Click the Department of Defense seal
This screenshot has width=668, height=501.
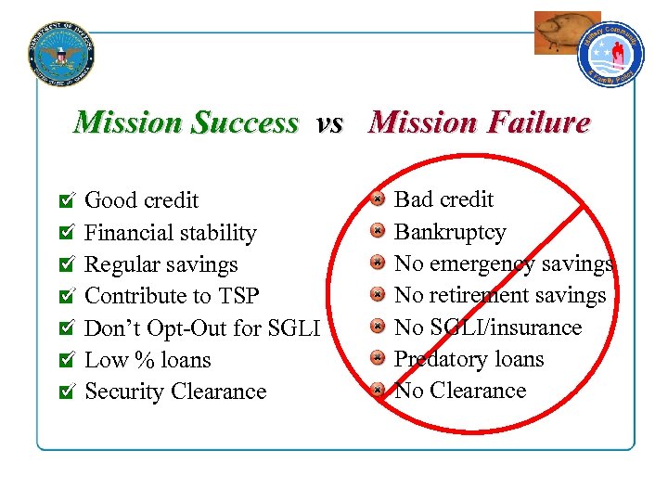pyautogui.click(x=61, y=52)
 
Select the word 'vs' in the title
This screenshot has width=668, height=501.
pyautogui.click(x=329, y=122)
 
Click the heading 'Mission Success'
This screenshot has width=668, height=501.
pyautogui.click(x=186, y=122)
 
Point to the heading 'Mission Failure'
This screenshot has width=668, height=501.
pyautogui.click(x=479, y=122)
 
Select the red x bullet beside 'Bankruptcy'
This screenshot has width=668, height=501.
pyautogui.click(x=377, y=231)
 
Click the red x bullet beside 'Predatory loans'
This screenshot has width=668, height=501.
pyautogui.click(x=377, y=358)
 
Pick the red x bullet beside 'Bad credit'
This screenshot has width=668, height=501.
pyautogui.click(x=377, y=199)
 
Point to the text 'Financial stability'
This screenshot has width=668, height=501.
pyautogui.click(x=171, y=233)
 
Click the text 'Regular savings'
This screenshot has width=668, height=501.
pyautogui.click(x=161, y=264)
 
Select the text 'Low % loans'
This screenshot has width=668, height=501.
pyautogui.click(x=148, y=360)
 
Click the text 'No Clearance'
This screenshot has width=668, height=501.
pyautogui.click(x=460, y=391)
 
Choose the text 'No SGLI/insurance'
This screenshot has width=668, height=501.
pyautogui.click(x=488, y=328)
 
